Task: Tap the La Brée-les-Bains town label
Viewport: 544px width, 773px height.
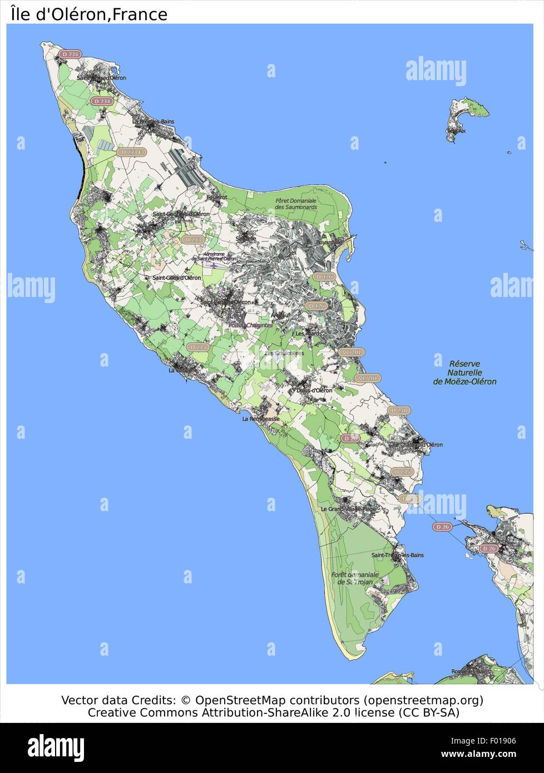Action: point(153,121)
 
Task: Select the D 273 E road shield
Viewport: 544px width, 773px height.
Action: point(131,152)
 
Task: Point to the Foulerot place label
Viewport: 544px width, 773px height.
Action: point(216,197)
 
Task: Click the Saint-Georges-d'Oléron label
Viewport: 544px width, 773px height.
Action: point(181,214)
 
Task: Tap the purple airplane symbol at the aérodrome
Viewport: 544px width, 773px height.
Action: point(213,265)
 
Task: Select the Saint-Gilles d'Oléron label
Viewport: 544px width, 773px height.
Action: point(176,278)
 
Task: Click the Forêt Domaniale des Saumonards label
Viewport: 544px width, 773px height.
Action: point(295,204)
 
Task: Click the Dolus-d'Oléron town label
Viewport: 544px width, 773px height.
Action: point(314,390)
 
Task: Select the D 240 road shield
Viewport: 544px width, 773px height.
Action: point(399,410)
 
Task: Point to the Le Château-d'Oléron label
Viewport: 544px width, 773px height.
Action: point(417,444)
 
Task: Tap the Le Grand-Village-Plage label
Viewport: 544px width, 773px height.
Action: point(349,509)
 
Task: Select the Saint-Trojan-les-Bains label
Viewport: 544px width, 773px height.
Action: point(397,555)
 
